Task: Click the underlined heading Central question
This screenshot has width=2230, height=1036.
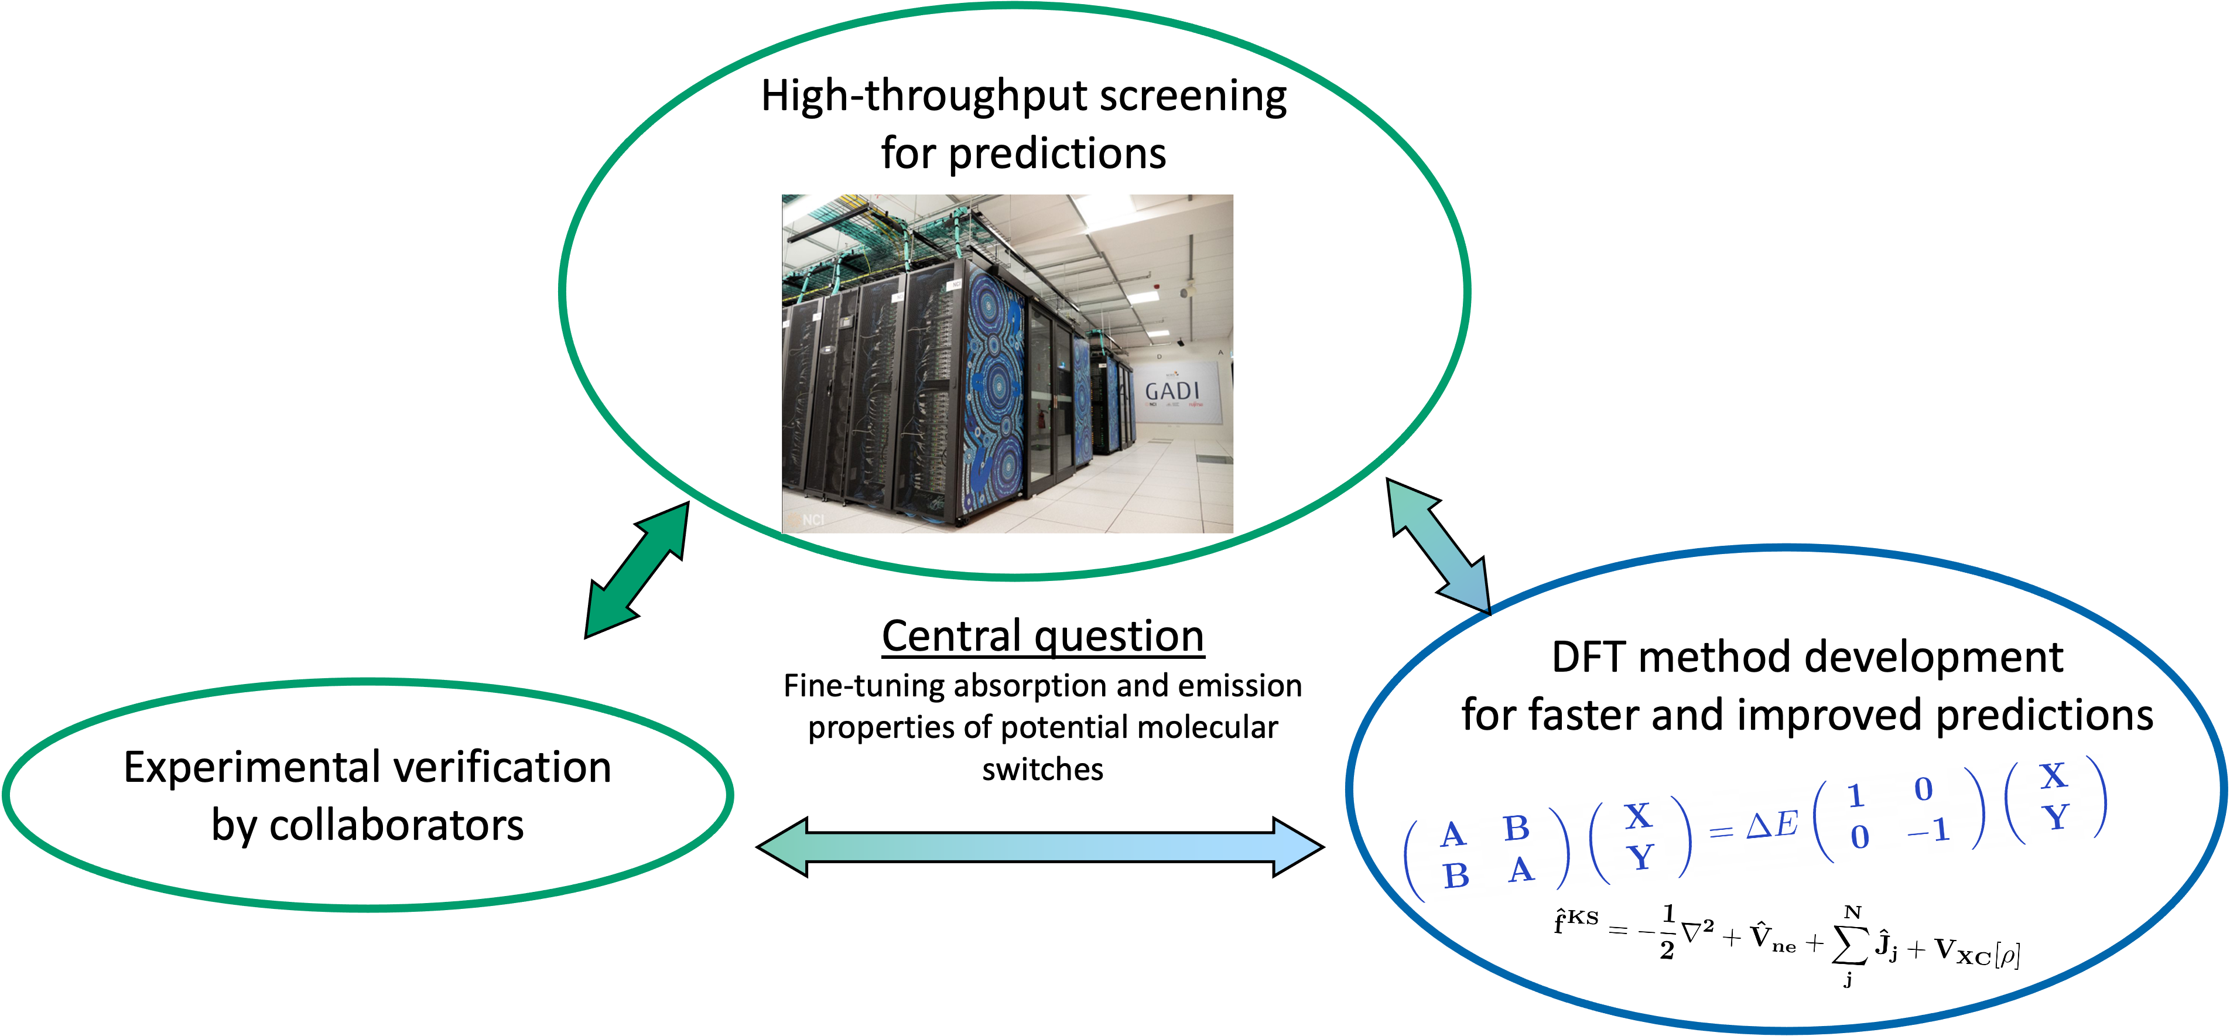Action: (1042, 637)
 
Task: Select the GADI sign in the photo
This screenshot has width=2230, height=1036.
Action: (1172, 392)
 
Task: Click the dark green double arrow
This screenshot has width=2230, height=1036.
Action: (637, 569)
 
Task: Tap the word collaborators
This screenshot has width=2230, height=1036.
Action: (396, 825)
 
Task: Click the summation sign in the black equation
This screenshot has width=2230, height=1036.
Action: (1850, 946)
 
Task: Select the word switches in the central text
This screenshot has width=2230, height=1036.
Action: (1042, 770)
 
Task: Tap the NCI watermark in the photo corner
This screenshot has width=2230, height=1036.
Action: (813, 520)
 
